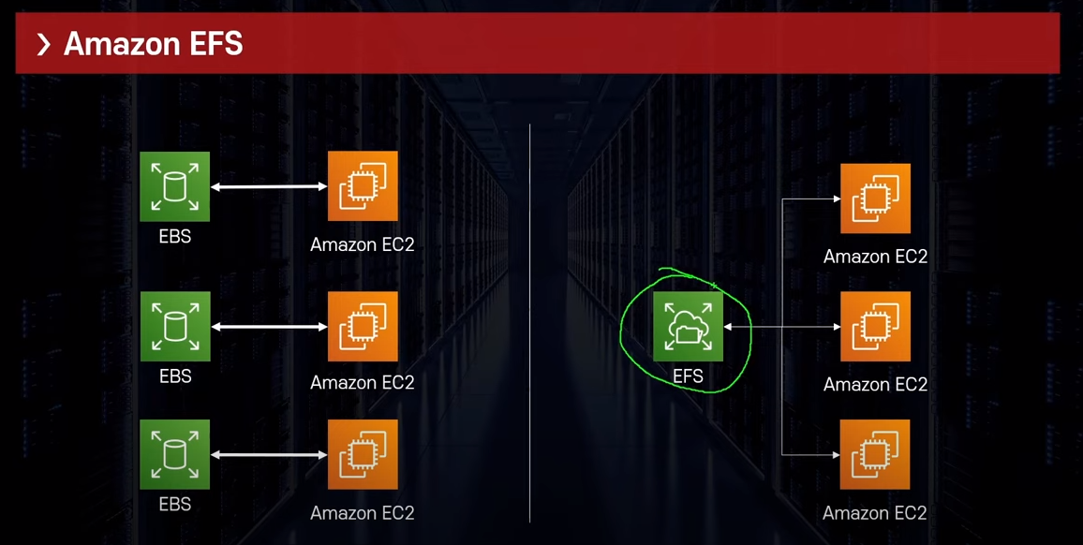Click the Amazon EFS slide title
(153, 44)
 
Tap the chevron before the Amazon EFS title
(43, 44)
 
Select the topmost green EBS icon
(175, 187)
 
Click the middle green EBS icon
(175, 326)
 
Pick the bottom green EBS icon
(175, 454)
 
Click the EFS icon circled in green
(688, 326)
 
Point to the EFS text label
(688, 376)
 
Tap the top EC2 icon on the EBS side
(363, 186)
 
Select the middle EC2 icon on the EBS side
(363, 326)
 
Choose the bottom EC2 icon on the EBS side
(363, 454)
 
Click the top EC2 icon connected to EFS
(875, 199)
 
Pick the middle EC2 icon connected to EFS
(875, 326)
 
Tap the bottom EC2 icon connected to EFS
(875, 454)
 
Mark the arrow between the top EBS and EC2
(269, 187)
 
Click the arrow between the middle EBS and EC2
(269, 327)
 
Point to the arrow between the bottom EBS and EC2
(269, 454)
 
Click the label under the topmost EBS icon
(175, 237)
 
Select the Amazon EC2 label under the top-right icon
(875, 257)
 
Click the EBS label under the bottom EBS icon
(175, 505)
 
